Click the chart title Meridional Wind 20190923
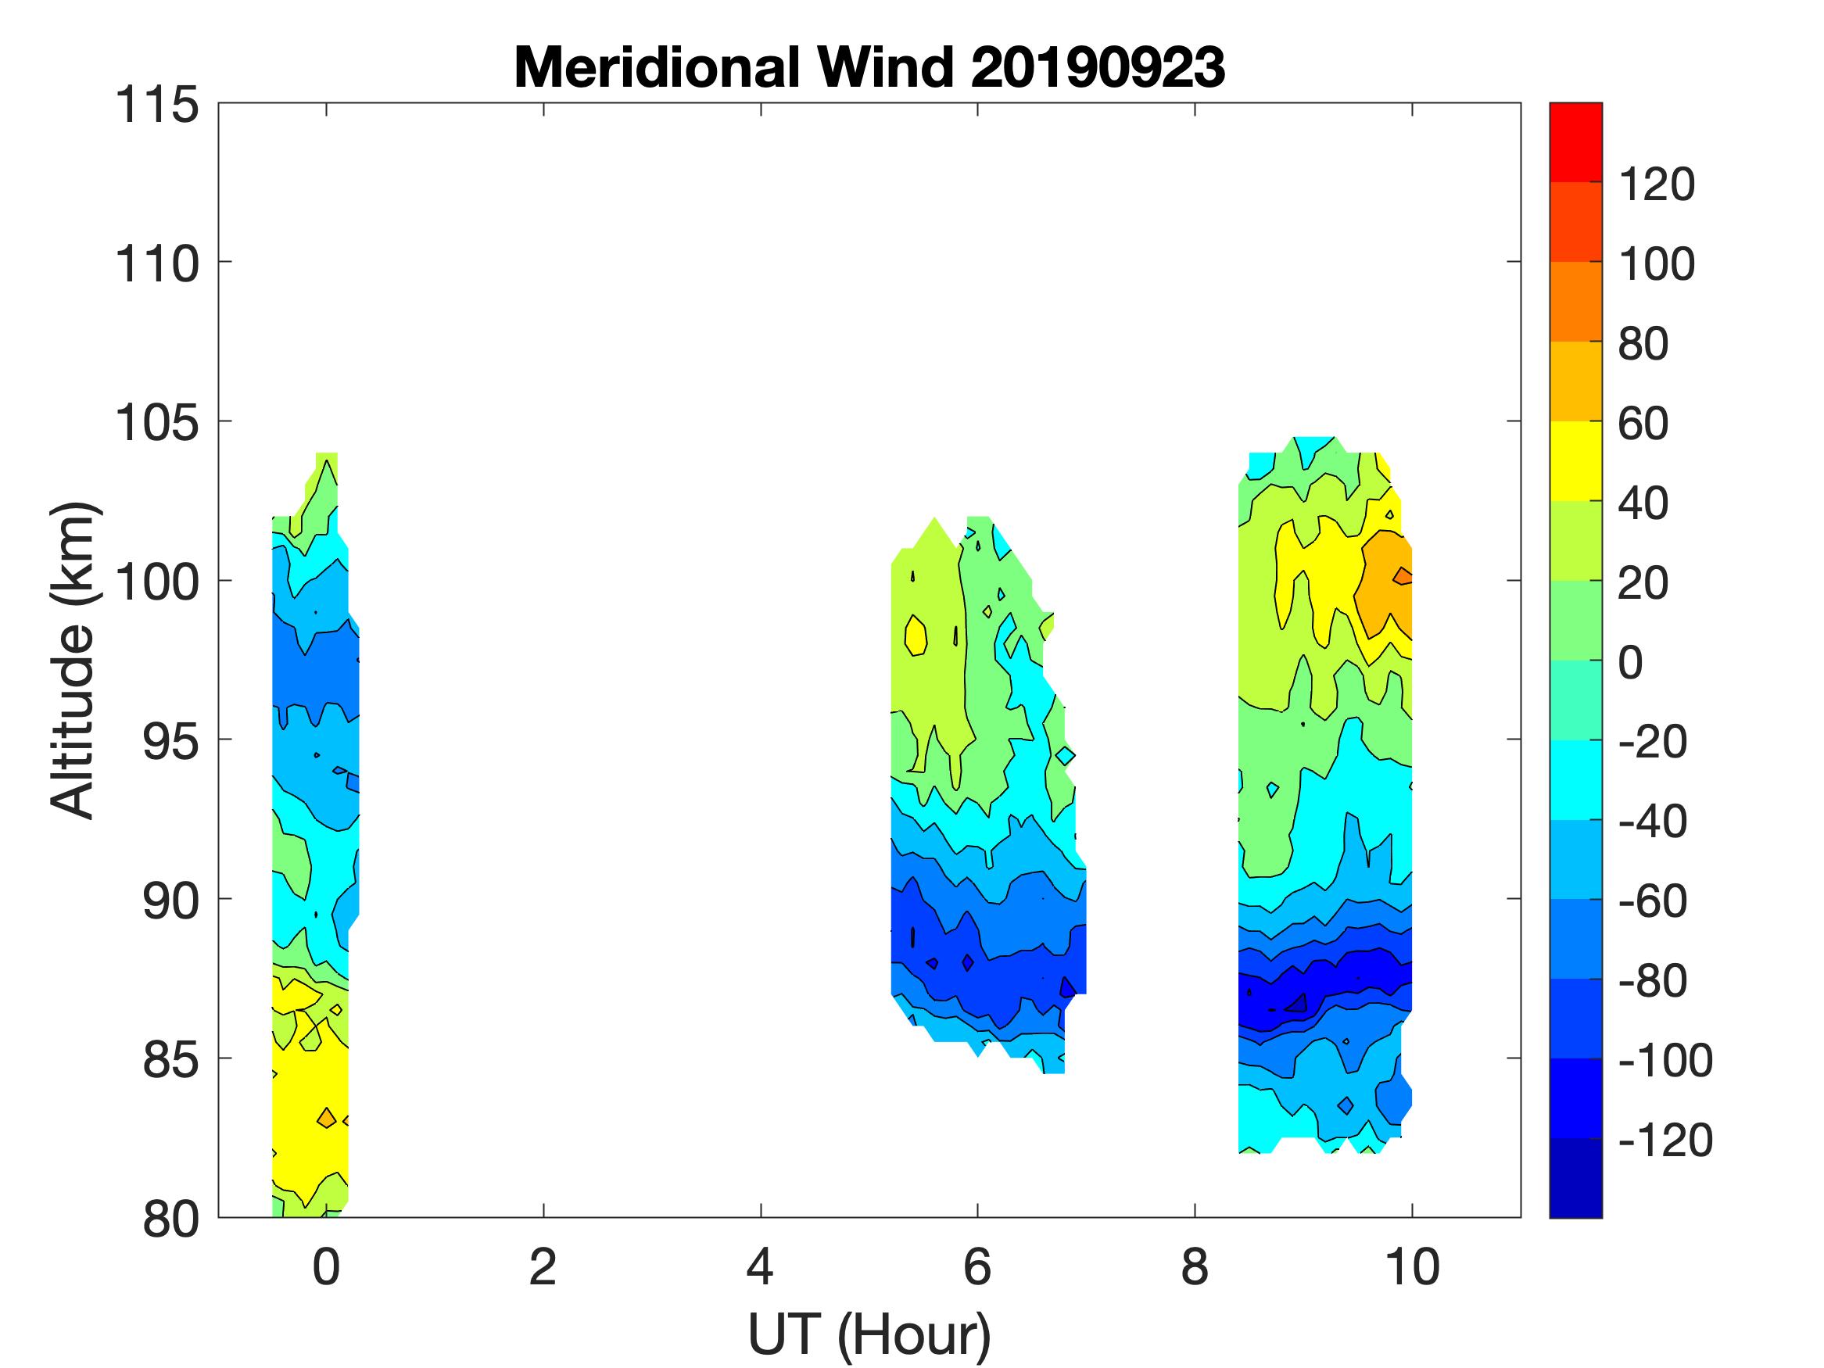click(x=869, y=66)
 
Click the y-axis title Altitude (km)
click(x=73, y=660)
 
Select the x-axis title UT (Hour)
click(x=869, y=1334)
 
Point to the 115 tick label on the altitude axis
click(x=156, y=106)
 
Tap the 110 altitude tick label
click(x=156, y=264)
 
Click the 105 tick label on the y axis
click(x=156, y=423)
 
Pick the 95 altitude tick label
click(x=169, y=741)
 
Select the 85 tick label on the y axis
click(x=169, y=1059)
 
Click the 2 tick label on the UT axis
click(x=543, y=1266)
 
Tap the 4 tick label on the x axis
click(x=759, y=1266)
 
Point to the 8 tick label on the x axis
click(x=1194, y=1266)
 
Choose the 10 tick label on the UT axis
click(x=1412, y=1266)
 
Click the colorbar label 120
click(x=1657, y=184)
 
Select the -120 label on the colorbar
click(x=1665, y=1141)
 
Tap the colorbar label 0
click(x=1630, y=662)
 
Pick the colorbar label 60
click(x=1643, y=423)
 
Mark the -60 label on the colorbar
click(x=1652, y=901)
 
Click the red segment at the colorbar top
click(x=1575, y=140)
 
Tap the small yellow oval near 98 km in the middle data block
click(x=916, y=636)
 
